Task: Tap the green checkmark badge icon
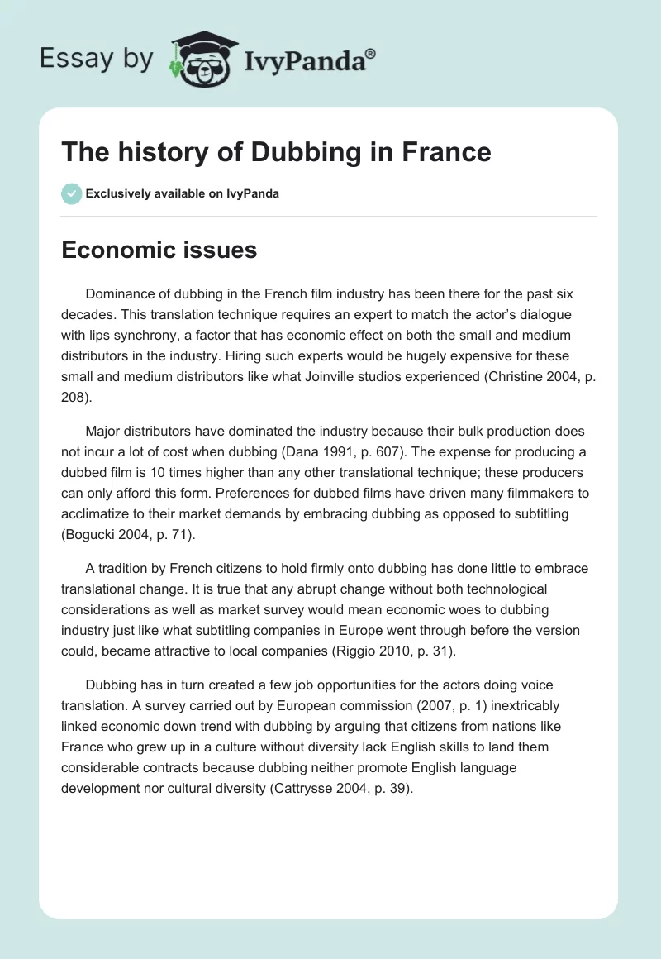(71, 193)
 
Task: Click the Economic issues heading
(159, 250)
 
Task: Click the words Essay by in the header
(94, 59)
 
